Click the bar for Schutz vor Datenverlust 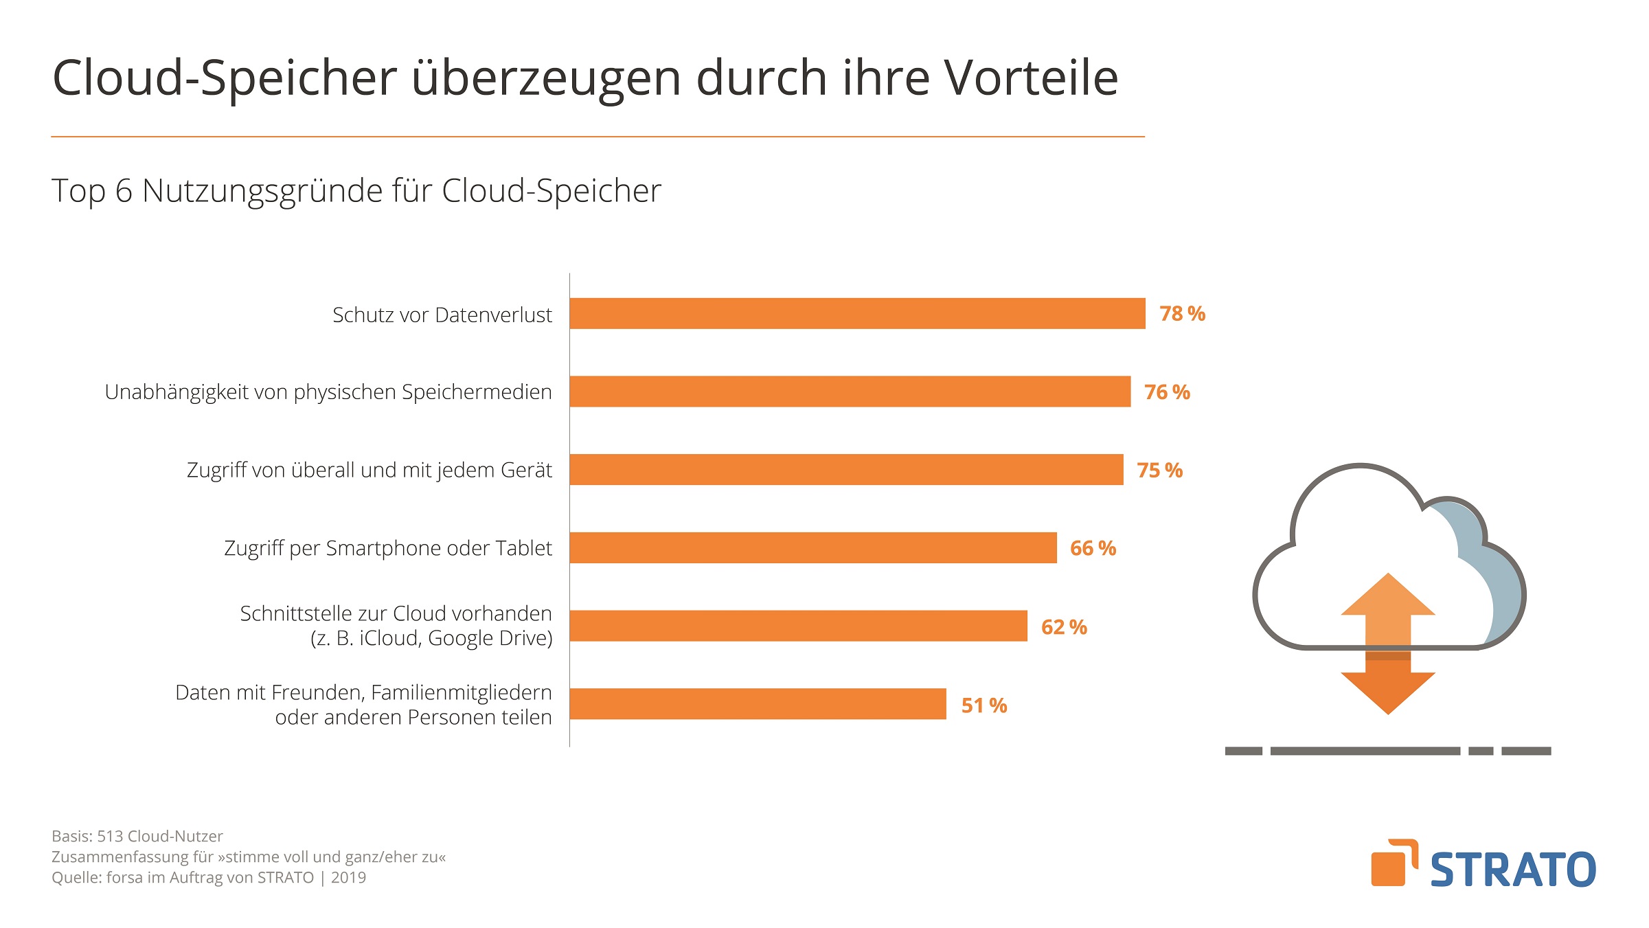[x=857, y=313]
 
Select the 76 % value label [x=1167, y=392]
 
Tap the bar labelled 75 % [x=846, y=470]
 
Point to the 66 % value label [x=1093, y=548]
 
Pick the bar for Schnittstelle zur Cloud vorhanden [x=798, y=626]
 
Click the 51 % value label [x=983, y=705]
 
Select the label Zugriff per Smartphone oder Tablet [x=388, y=548]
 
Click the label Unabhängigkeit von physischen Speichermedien [x=328, y=392]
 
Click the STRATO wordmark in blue [x=1513, y=870]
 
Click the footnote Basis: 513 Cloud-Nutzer [x=137, y=837]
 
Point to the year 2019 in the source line [x=348, y=878]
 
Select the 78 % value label [x=1182, y=314]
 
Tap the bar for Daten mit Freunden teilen [x=758, y=704]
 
